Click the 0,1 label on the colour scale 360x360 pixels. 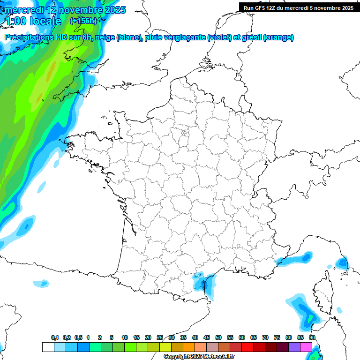[x=55, y=337]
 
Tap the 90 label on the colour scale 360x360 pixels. [x=312, y=337]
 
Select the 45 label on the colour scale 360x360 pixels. [x=207, y=337]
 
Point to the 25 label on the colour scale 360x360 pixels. [x=160, y=337]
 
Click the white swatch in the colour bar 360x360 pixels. [x=48, y=347]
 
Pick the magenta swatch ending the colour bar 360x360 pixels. [x=306, y=347]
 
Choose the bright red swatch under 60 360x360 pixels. [x=247, y=347]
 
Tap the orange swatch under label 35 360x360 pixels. [x=189, y=347]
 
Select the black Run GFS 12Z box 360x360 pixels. [x=298, y=7]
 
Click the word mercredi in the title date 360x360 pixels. [x=23, y=10]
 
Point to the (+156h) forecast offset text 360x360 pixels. [x=83, y=21]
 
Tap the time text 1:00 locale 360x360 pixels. [x=32, y=21]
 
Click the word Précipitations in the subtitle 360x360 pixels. [x=28, y=37]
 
